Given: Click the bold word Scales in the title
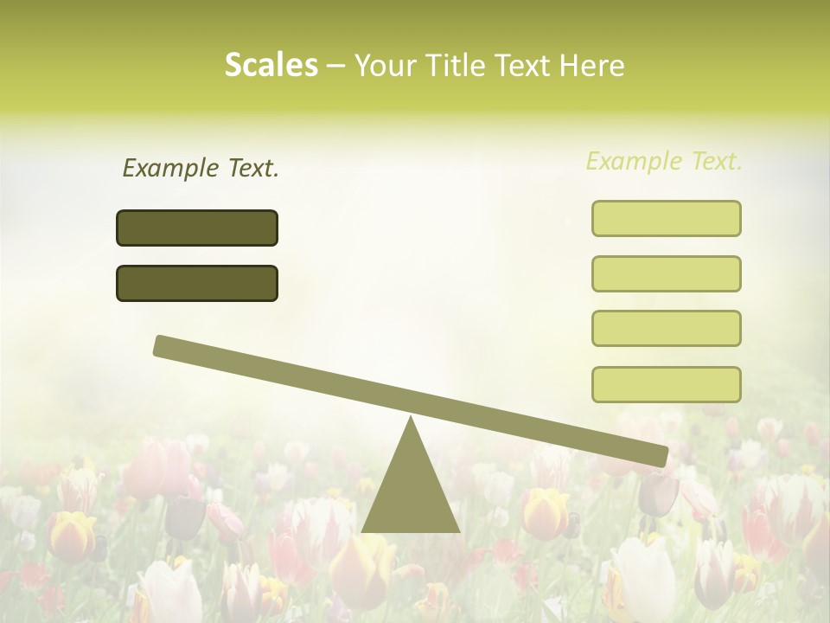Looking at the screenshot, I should (x=271, y=65).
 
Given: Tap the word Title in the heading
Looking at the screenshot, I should (x=454, y=66).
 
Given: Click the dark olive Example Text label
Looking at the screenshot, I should (x=201, y=169).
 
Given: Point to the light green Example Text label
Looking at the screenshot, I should (x=664, y=161).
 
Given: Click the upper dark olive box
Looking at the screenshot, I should (x=197, y=228).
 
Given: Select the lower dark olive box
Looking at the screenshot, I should (x=197, y=283).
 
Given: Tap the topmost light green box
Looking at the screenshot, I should (x=666, y=218).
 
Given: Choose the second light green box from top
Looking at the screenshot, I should (x=666, y=273).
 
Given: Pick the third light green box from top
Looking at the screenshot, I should (x=666, y=329).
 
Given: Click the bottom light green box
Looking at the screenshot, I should (x=666, y=384).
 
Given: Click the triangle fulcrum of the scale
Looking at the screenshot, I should (x=411, y=493).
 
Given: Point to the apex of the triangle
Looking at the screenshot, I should (x=411, y=419).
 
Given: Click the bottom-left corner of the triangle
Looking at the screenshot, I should (x=363, y=531).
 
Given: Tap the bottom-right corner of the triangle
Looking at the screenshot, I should (x=459, y=531).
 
